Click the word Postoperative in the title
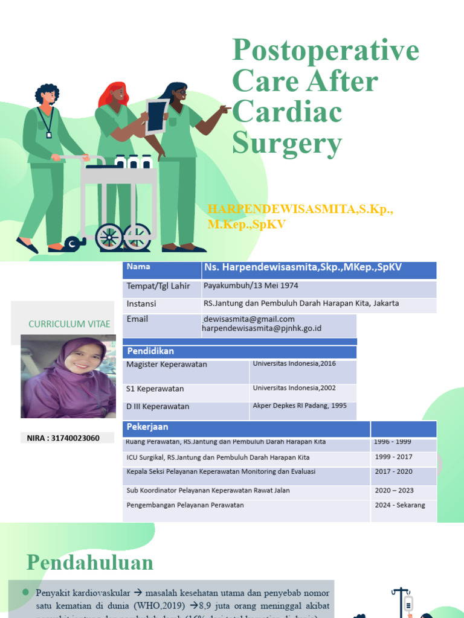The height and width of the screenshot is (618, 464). point(325,50)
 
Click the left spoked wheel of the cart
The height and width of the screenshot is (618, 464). point(109,237)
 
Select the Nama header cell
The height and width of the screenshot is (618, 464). point(139,267)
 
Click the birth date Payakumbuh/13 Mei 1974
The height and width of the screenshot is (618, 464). point(251,285)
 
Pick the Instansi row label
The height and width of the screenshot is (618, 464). point(141,303)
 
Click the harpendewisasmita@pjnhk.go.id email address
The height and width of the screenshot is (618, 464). point(262,328)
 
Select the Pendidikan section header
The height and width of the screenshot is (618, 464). point(150,351)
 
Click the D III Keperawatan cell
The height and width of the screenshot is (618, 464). point(158,406)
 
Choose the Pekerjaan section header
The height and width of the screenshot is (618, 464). point(147,427)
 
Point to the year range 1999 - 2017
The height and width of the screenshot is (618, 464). point(393,457)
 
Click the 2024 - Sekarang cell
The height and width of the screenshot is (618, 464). point(399,505)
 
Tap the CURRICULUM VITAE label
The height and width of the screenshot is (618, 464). point(69,324)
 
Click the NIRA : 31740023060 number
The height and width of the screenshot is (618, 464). point(63,438)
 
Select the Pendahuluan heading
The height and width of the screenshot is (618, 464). point(90,562)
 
